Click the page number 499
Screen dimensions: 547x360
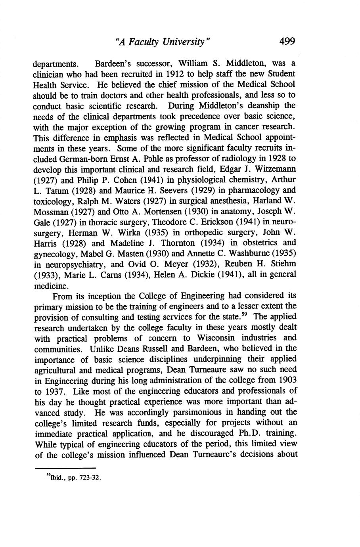click(287, 41)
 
